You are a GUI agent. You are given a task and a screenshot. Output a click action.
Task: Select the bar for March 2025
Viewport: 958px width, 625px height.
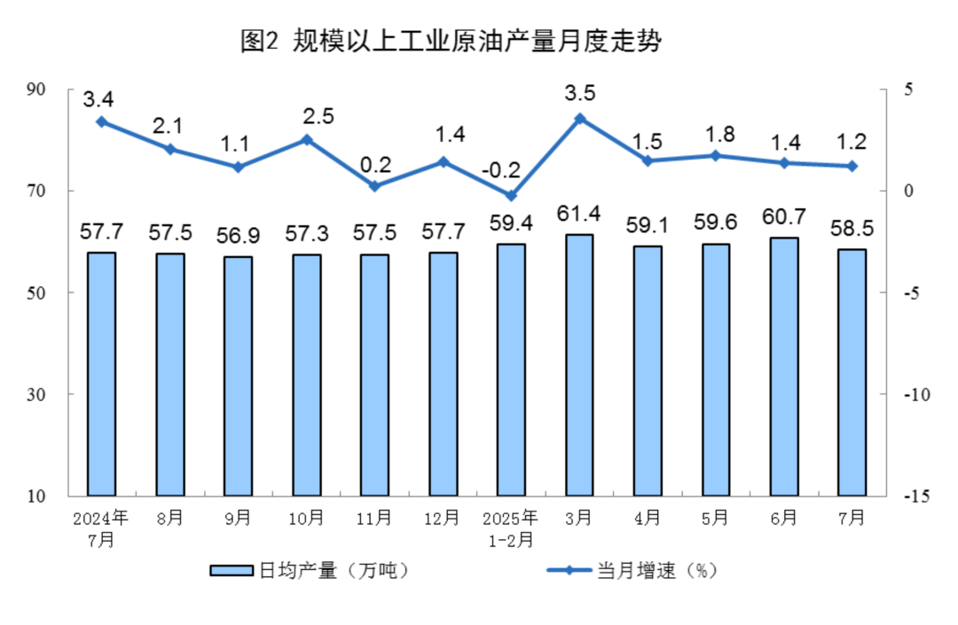(579, 363)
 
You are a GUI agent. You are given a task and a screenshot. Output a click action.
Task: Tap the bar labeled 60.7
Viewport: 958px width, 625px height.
(784, 365)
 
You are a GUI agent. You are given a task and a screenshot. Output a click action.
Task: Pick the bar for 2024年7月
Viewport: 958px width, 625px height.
(101, 373)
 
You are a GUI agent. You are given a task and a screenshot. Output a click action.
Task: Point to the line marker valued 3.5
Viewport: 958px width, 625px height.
(579, 118)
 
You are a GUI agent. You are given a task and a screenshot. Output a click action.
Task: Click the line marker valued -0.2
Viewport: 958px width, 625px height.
(511, 195)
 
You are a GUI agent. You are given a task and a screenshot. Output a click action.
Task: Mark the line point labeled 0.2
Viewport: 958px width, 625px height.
(374, 186)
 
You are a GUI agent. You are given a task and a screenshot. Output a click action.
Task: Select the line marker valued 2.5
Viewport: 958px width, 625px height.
(306, 139)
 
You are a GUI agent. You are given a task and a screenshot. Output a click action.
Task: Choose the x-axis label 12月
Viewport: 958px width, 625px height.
(443, 517)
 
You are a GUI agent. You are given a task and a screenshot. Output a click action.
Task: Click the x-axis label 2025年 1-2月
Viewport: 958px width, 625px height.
(511, 527)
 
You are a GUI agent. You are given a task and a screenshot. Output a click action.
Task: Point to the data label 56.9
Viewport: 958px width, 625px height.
(238, 238)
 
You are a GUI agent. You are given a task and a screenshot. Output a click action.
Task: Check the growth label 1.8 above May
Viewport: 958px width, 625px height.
(716, 135)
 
